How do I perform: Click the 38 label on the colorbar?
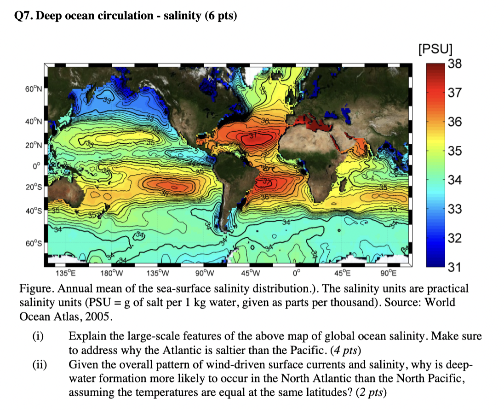[x=454, y=64]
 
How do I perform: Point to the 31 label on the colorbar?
[x=454, y=267]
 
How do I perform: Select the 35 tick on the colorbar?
[x=454, y=151]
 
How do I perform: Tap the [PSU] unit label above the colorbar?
[x=435, y=49]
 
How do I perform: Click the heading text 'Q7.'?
[x=26, y=17]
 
